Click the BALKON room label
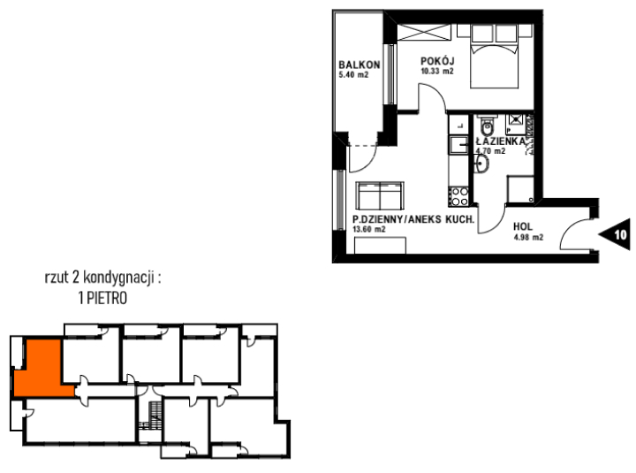360,65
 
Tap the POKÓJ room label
437,61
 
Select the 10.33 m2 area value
437,72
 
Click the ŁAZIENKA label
500,141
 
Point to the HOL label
523,226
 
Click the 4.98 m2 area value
528,238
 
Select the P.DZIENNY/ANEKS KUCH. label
413,219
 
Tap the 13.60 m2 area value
368,229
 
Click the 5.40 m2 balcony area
353,74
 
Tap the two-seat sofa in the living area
380,195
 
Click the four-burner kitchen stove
458,195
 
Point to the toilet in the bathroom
487,126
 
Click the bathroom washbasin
481,164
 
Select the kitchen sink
458,145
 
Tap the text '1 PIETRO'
102,298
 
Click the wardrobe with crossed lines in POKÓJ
424,33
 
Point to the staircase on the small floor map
154,415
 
